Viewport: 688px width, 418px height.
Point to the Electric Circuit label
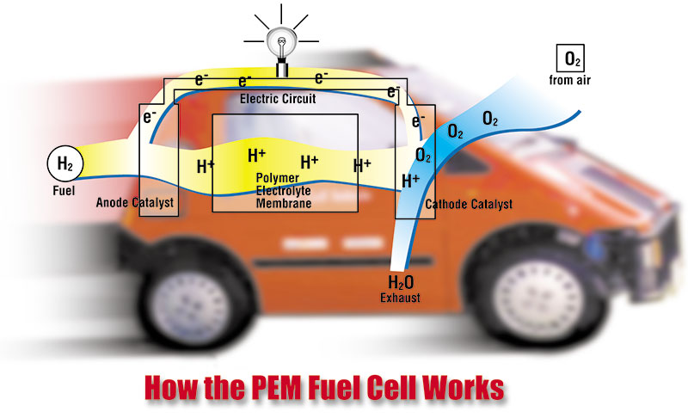pos(278,99)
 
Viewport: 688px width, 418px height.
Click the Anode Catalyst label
pos(135,203)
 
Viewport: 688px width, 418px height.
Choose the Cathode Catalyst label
pos(470,205)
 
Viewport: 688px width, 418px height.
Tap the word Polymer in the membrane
pos(277,177)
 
